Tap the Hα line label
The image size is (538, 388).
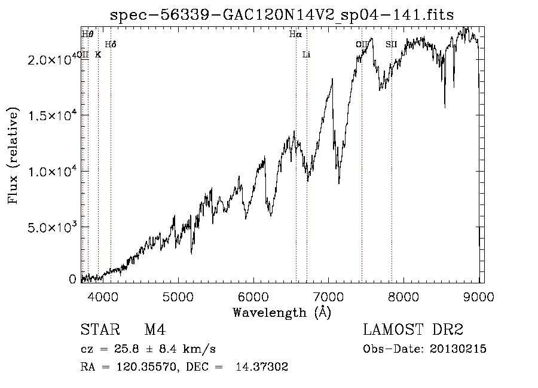tap(295, 35)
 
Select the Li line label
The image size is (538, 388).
tap(307, 55)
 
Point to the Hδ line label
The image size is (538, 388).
tap(110, 45)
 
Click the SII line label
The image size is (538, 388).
tap(391, 45)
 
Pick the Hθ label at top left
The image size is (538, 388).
tap(87, 35)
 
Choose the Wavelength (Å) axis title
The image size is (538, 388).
tap(282, 311)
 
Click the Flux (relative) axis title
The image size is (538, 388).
tap(13, 156)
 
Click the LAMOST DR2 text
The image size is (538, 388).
tap(413, 330)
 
